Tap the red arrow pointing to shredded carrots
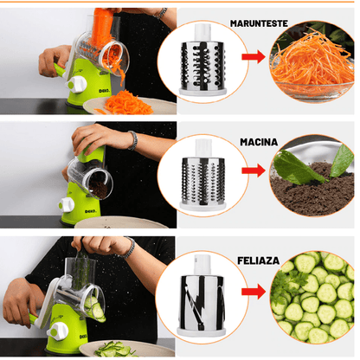tap(252, 60)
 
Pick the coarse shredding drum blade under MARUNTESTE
tap(203, 65)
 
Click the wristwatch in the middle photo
tap(132, 140)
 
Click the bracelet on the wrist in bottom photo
tap(127, 248)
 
